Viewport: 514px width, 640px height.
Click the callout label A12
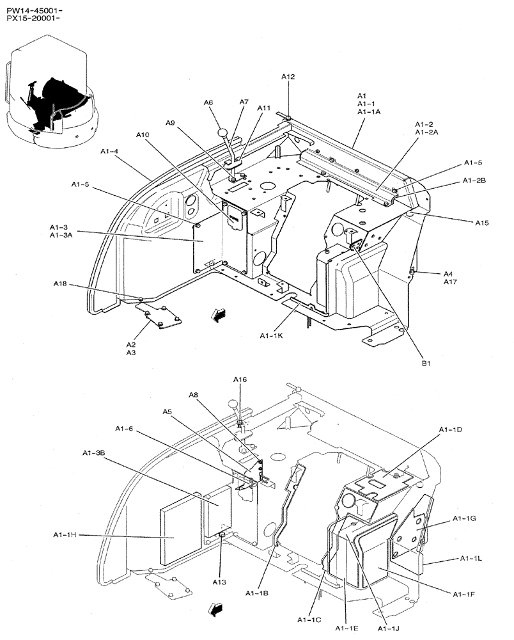[x=288, y=77]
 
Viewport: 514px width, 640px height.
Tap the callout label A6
[x=208, y=102]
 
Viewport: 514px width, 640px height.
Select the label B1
[x=425, y=363]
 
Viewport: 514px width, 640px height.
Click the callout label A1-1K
[x=272, y=335]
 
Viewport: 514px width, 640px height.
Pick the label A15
[x=481, y=223]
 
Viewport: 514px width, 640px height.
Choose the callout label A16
[x=239, y=380]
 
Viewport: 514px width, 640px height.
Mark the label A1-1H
[x=65, y=534]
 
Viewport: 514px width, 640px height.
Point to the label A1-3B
[x=93, y=453]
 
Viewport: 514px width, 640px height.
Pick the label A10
[x=143, y=135]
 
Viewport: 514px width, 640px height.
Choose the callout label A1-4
[x=109, y=151]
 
